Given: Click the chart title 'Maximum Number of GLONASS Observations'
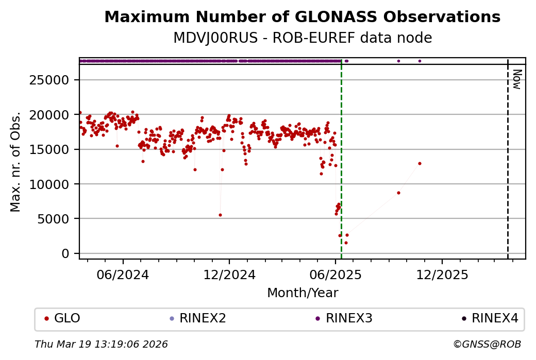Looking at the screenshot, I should click(302, 17).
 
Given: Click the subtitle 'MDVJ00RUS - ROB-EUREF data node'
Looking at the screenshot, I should click(302, 38).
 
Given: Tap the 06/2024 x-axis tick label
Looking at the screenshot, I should click(123, 275).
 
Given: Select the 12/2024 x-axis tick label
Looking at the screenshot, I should click(229, 275).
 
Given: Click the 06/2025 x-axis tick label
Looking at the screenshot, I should click(336, 275).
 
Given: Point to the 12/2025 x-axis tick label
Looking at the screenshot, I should click(442, 275).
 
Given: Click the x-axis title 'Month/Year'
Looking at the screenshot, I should click(303, 293).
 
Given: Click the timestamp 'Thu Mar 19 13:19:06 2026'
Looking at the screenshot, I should click(101, 344).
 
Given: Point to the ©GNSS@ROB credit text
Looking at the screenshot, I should click(487, 344).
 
